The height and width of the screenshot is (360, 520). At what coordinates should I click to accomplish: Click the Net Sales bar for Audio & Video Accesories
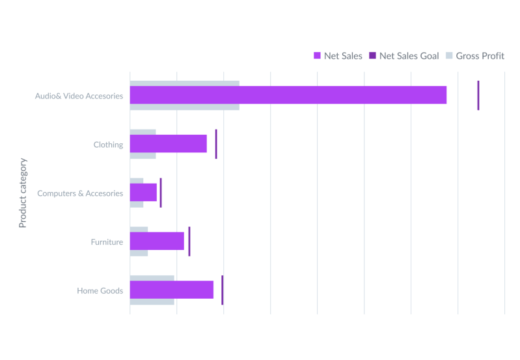pos(288,95)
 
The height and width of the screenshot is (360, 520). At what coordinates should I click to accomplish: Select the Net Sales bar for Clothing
pos(169,144)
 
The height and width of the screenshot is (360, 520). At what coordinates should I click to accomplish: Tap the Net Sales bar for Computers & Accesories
pos(144,193)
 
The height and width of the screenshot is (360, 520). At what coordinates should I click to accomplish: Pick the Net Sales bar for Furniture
pos(157,242)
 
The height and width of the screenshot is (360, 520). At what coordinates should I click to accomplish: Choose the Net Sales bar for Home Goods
pos(172,290)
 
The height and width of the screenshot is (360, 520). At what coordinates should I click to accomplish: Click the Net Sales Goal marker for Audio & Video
pos(478,95)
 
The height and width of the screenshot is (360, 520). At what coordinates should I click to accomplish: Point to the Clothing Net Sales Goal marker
pos(216,144)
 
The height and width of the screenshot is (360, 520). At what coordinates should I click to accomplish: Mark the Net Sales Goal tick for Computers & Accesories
pos(161,193)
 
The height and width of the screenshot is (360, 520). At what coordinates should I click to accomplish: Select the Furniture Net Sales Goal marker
pos(189,242)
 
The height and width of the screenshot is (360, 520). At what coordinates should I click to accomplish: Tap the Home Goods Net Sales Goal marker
pos(222,290)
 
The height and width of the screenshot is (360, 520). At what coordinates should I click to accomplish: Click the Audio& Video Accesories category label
pos(79,96)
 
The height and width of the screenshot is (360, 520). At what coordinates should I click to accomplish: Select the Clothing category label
pos(108,145)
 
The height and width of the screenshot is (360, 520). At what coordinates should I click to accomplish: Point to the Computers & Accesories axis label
pos(80,193)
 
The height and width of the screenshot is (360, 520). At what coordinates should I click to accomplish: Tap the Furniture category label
pos(107,242)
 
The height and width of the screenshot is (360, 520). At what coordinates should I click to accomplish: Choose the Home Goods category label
pos(100,291)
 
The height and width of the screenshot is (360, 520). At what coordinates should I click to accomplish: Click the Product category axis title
pos(23,192)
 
